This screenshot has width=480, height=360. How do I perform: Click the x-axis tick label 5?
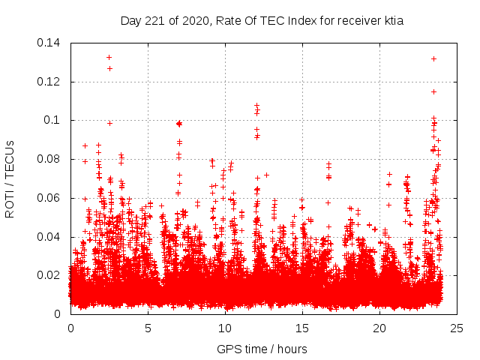pyautogui.click(x=148, y=328)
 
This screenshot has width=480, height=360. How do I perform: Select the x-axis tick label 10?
pyautogui.click(x=225, y=328)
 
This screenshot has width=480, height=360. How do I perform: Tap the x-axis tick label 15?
pyautogui.click(x=302, y=328)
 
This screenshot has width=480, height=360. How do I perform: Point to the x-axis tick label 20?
pyautogui.click(x=379, y=328)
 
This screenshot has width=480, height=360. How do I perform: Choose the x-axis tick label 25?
pyautogui.click(x=457, y=328)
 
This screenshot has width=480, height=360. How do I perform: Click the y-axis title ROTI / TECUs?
pyautogui.click(x=10, y=178)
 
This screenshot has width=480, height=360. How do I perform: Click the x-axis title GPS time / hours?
pyautogui.click(x=262, y=349)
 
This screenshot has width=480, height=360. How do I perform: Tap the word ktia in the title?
pyautogui.click(x=394, y=20)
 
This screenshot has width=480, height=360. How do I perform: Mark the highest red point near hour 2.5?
pyautogui.click(x=109, y=57)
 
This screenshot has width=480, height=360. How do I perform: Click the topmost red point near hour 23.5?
pyautogui.click(x=433, y=58)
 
